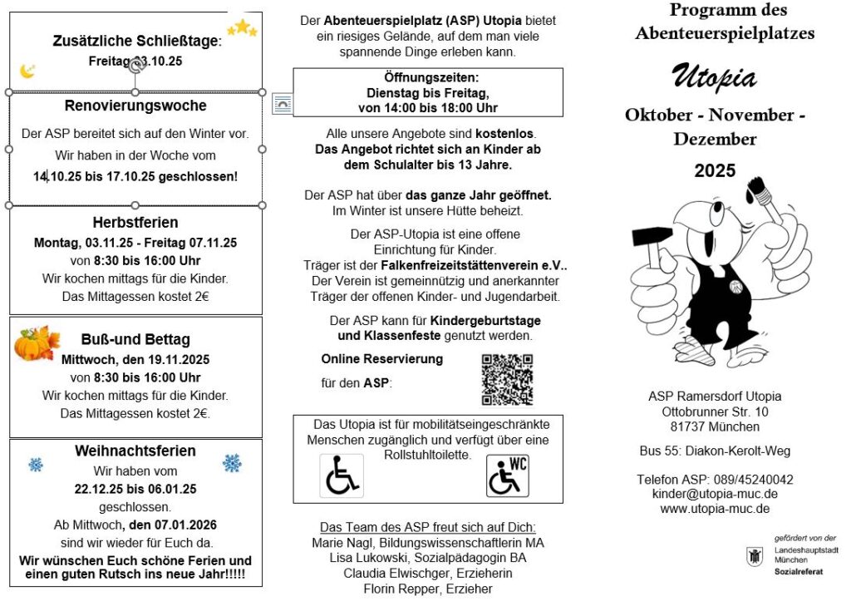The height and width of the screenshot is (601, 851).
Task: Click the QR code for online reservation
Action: click(507, 379)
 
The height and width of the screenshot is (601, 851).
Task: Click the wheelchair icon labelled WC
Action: click(507, 476)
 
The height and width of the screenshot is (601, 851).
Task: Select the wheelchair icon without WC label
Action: click(342, 476)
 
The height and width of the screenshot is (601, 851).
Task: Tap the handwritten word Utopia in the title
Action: click(714, 77)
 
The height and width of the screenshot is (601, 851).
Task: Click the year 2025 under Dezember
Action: click(715, 171)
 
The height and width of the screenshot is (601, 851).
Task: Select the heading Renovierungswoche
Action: click(135, 106)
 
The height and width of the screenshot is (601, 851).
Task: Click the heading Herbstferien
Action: click(135, 223)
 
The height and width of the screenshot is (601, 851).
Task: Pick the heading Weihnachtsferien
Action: click(135, 451)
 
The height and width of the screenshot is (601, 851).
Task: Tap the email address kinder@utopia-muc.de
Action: click(715, 495)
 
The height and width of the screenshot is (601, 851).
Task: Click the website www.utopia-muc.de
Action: click(715, 509)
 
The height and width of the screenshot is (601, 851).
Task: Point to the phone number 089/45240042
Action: click(748, 480)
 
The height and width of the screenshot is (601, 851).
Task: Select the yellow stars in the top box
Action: click(243, 29)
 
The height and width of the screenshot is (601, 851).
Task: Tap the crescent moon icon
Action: click(27, 71)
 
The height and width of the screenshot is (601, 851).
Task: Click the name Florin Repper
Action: click(400, 589)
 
